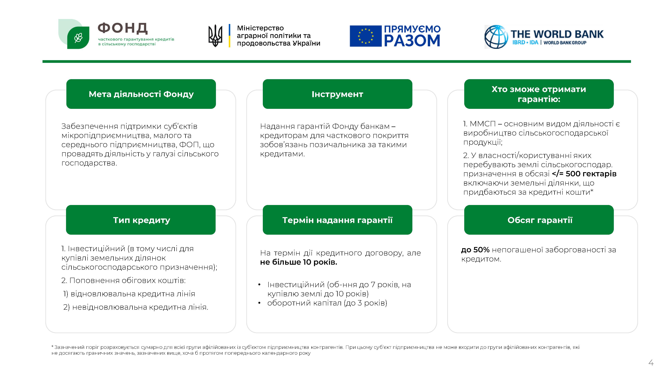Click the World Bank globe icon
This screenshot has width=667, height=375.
[496, 37]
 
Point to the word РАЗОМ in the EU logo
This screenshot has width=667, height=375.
[412, 41]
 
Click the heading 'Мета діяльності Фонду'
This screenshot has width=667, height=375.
[141, 94]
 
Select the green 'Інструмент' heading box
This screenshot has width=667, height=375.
[337, 94]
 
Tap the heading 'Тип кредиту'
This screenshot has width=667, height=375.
[141, 220]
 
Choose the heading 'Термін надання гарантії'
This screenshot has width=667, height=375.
[337, 220]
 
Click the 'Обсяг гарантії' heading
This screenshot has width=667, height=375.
[540, 220]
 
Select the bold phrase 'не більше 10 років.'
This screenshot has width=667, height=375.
[298, 262]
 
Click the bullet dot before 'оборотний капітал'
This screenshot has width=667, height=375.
[259, 303]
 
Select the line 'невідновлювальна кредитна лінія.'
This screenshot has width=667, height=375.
[140, 307]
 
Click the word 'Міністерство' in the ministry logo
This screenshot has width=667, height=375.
[260, 28]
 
